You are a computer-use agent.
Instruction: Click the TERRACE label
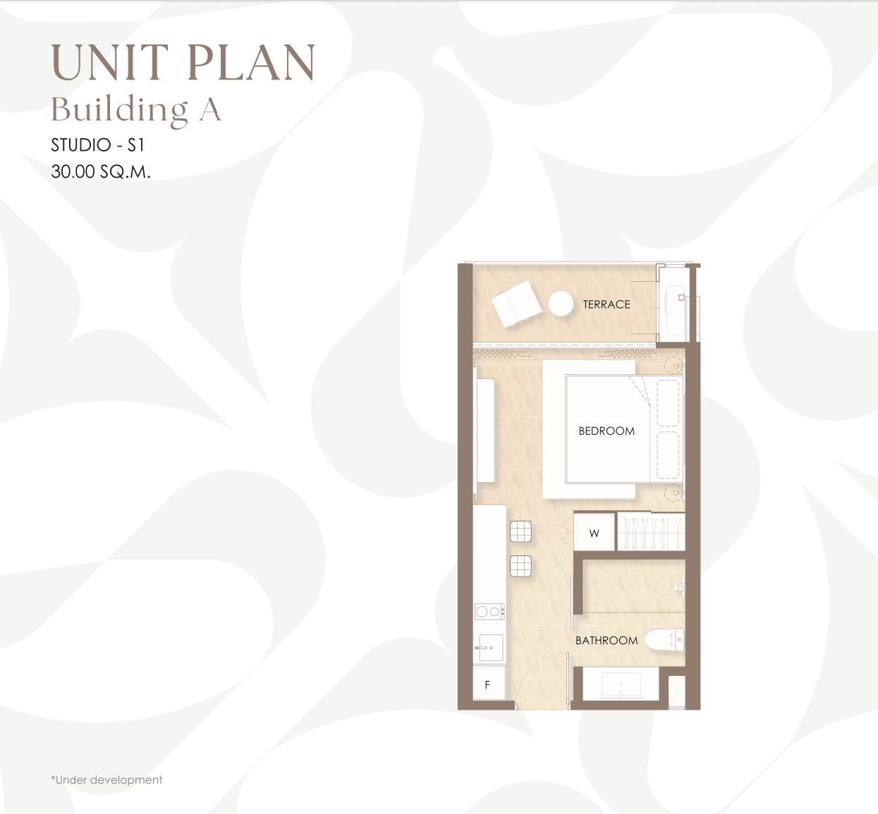[x=606, y=304]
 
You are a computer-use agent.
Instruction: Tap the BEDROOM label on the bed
[x=606, y=431]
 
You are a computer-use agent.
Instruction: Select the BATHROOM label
[x=606, y=641]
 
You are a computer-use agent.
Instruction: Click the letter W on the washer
[x=595, y=534]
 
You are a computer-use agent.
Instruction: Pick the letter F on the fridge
[x=487, y=685]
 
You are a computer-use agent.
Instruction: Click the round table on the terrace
[x=561, y=303]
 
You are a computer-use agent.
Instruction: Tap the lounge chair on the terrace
[x=517, y=304]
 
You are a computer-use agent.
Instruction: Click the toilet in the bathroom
[x=664, y=639]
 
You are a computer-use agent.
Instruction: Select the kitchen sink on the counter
[x=490, y=648]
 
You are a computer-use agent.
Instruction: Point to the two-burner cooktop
[x=490, y=612]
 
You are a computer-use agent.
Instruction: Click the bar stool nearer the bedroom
[x=520, y=531]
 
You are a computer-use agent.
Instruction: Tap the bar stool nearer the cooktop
[x=520, y=566]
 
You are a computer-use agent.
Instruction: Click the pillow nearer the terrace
[x=668, y=403]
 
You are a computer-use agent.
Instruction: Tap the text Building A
[x=135, y=110]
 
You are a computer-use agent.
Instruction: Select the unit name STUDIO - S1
[x=98, y=145]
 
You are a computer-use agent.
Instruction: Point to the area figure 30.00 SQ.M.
[x=101, y=171]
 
